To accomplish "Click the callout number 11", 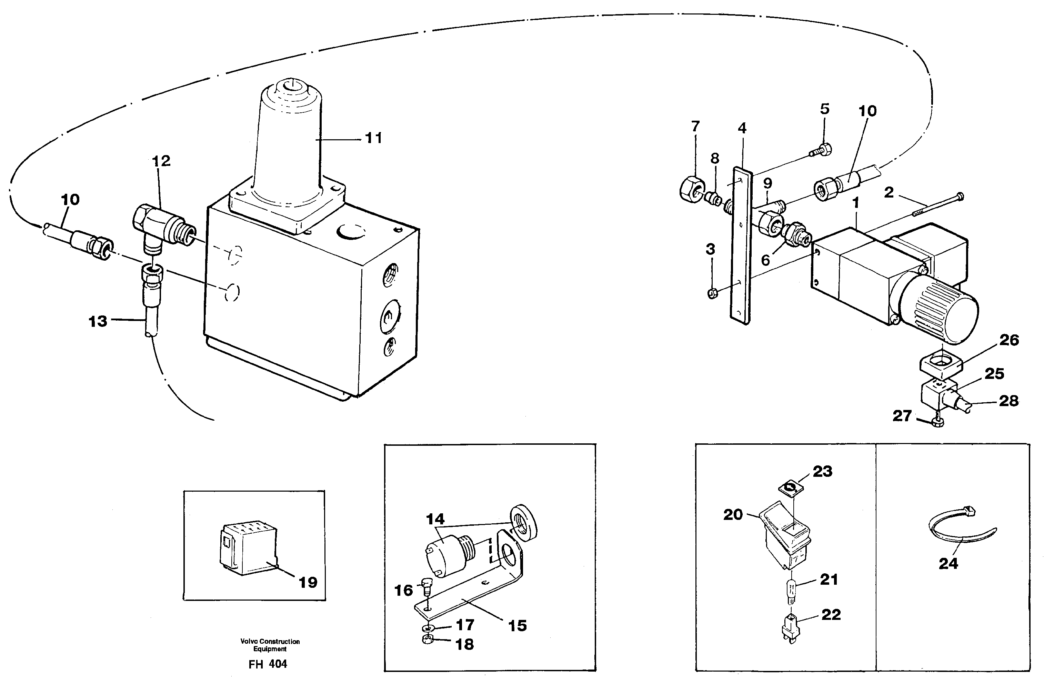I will (x=373, y=138).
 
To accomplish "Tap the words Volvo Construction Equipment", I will (x=270, y=645).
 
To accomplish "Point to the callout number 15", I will (x=517, y=626).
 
